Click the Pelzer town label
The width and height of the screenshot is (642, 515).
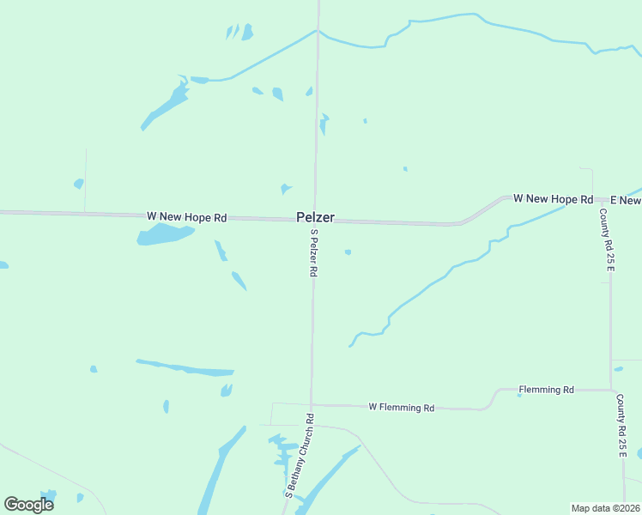[x=315, y=218]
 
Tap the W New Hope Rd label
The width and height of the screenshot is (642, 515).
[x=186, y=217]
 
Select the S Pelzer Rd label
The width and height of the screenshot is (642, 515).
[x=314, y=252]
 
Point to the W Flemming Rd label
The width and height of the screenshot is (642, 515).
[x=401, y=408]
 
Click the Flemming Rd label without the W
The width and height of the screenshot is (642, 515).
[x=546, y=390]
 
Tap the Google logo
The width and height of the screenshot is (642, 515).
[x=28, y=505]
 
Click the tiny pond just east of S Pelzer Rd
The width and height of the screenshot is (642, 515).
[x=348, y=252]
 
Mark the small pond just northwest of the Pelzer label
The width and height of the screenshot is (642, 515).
[x=285, y=189]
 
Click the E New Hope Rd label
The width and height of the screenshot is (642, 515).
[x=626, y=200]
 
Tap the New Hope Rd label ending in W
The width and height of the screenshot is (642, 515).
[x=553, y=198]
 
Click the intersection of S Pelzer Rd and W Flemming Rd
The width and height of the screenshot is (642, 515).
[x=312, y=404]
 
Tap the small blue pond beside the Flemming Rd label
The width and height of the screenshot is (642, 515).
[x=520, y=395]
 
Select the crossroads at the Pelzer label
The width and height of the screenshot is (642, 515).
[x=316, y=221]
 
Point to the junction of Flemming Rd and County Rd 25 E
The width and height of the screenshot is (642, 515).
[x=611, y=390]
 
